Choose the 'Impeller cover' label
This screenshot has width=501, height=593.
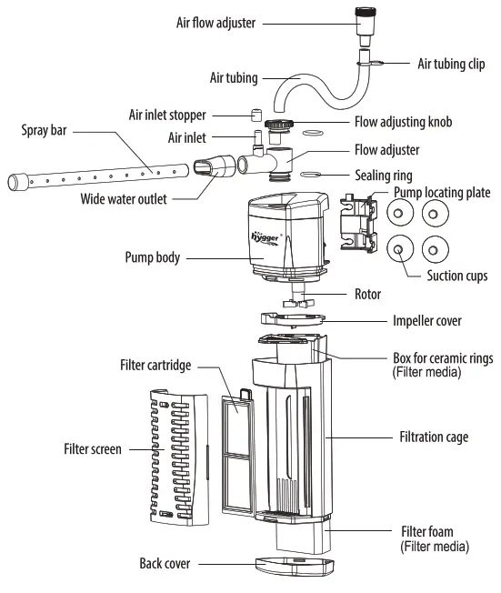tap(427, 321)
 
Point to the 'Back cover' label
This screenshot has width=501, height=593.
tap(165, 565)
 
